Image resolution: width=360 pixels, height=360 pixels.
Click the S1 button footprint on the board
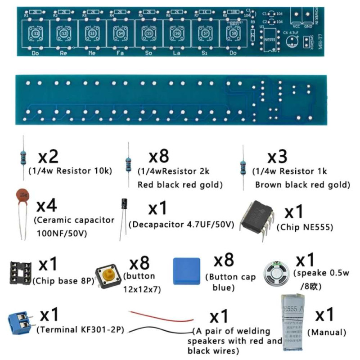click(36, 33)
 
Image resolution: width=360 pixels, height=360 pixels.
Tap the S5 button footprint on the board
click(149, 33)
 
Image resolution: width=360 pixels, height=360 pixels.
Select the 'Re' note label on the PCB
click(64, 53)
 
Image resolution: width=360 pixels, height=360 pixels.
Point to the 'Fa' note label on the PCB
click(120, 53)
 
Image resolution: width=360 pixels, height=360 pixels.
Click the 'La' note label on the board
click(177, 53)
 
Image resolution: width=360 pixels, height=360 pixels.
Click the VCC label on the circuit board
click(297, 26)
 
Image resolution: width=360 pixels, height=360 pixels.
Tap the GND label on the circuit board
click(308, 26)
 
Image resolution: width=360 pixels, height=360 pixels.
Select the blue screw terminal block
click(20, 321)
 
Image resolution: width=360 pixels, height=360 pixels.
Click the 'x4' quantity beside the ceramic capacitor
click(47, 206)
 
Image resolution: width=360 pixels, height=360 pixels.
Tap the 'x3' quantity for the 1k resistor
click(277, 157)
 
